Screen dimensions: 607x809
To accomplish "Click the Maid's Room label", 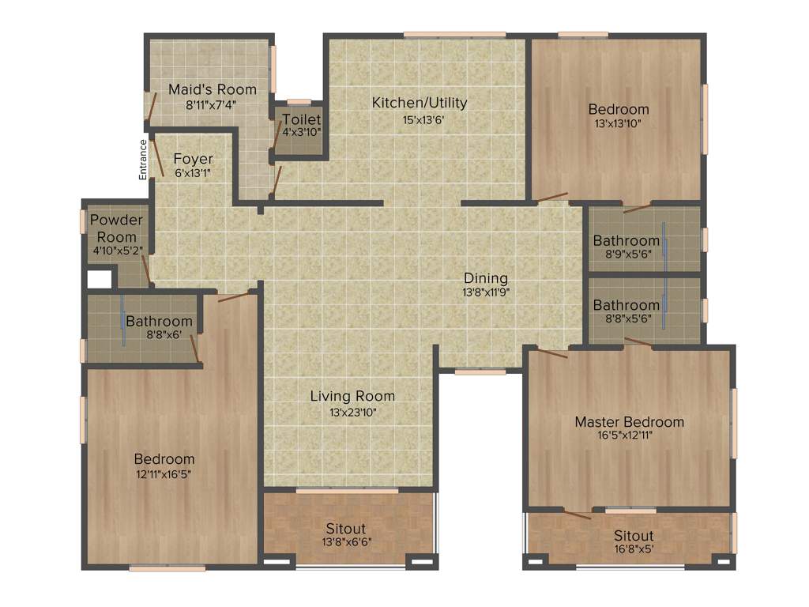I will point(201,89).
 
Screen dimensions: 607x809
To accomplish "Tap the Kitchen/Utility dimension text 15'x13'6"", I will point(420,120).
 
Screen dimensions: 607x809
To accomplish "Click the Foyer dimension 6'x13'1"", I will point(193,172).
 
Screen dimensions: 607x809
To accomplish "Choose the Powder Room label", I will point(116,228).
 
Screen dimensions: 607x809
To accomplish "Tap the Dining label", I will point(486,278).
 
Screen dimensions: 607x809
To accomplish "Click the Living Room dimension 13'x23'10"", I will point(352,412).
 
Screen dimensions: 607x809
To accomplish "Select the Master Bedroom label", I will point(629,422).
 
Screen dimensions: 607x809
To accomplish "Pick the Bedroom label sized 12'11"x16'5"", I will point(164,459).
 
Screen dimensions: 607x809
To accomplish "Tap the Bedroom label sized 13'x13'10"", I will point(619,109).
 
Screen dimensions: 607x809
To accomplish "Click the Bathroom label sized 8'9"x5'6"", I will point(627,240).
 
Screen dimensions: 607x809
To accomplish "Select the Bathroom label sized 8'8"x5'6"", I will point(627,305).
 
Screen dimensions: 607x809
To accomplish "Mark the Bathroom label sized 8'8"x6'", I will point(159,322).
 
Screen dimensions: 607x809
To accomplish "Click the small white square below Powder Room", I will point(100,279).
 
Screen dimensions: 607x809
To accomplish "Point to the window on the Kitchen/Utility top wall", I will point(454,35).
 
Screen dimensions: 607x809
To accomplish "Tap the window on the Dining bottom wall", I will point(480,371).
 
